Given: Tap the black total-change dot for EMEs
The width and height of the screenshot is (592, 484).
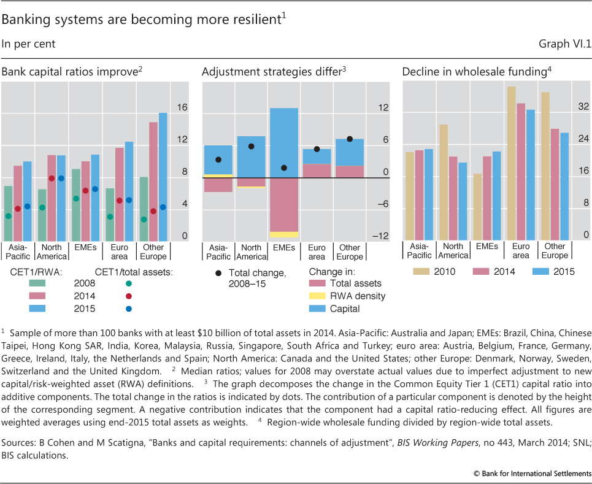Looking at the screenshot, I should [284, 168].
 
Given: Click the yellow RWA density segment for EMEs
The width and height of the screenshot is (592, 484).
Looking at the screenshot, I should [284, 234].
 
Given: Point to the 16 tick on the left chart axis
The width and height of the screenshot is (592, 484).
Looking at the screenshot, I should [182, 107].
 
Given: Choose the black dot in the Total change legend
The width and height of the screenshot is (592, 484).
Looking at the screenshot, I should [218, 272].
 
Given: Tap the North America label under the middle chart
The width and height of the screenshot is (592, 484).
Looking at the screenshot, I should [251, 252].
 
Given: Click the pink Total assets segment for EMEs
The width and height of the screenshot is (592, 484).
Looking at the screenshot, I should [284, 205].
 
